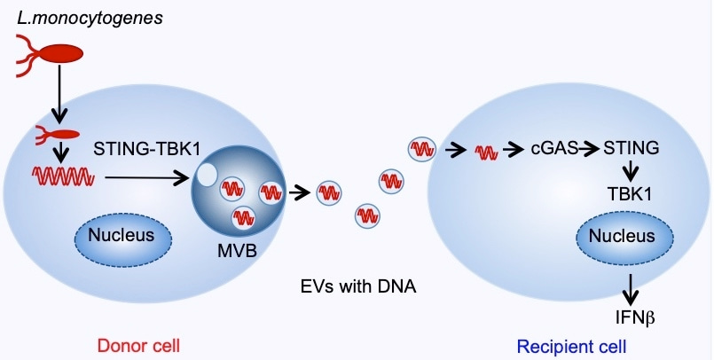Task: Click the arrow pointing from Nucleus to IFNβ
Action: (x=631, y=286)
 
